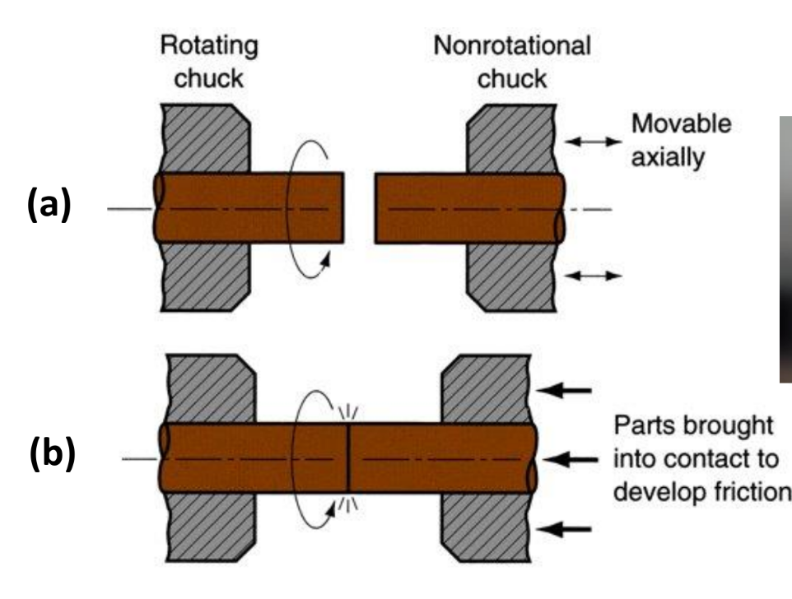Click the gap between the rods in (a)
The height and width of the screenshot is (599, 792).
[359, 207]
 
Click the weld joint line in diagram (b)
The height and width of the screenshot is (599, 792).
[348, 458]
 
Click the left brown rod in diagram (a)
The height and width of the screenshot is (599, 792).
[247, 207]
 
